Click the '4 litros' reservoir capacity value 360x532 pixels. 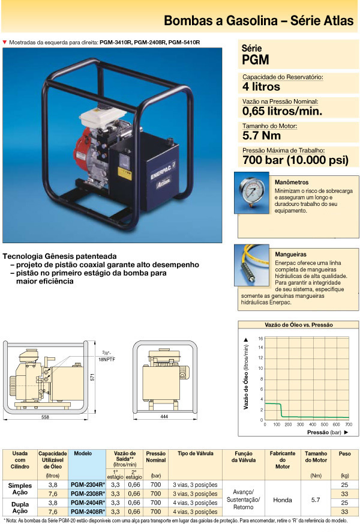[262, 86]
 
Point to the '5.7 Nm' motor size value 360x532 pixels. [262, 135]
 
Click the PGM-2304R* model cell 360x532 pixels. [88, 484]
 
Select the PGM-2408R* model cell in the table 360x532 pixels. [88, 511]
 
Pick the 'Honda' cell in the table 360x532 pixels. [282, 498]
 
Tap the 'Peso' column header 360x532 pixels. [344, 454]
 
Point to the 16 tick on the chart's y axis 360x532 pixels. [260, 338]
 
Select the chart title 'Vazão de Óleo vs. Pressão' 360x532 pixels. [299, 324]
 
